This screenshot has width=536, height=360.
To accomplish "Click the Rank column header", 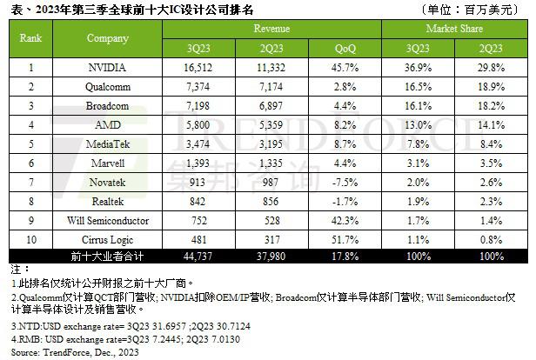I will [x=32, y=37].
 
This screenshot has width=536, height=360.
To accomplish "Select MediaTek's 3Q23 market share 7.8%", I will [x=419, y=142].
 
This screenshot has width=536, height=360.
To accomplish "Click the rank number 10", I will [x=32, y=237].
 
